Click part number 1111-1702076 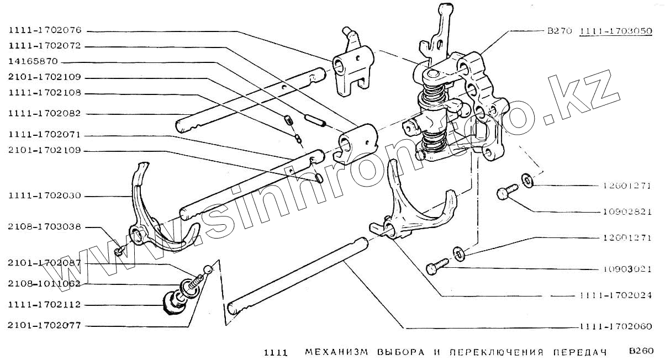[45, 31]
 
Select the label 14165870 [33, 61]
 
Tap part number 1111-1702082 [45, 113]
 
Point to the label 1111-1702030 [45, 195]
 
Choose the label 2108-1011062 [45, 284]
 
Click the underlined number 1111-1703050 [615, 31]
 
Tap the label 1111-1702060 [616, 326]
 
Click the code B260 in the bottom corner [641, 351]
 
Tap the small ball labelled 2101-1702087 [208, 269]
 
